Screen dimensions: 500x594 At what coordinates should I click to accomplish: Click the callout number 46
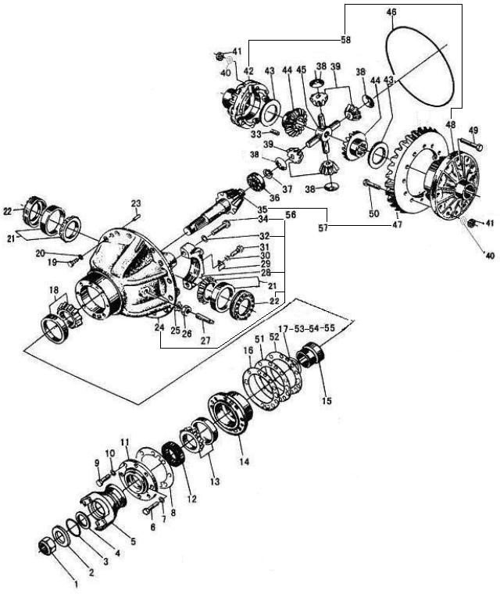[391, 13]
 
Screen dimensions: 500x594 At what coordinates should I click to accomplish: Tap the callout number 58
[345, 39]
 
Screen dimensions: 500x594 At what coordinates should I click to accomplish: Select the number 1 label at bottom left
[76, 585]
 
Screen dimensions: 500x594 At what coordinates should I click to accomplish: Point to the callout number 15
[327, 400]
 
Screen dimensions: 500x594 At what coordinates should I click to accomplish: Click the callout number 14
[245, 461]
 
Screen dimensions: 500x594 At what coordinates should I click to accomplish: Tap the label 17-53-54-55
[307, 328]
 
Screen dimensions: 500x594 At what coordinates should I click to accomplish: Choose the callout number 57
[323, 228]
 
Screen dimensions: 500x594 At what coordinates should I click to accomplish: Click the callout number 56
[291, 215]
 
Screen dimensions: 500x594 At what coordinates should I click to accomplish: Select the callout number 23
[136, 202]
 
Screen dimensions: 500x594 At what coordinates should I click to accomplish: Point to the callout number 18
[54, 290]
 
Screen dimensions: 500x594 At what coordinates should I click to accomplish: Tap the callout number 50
[374, 213]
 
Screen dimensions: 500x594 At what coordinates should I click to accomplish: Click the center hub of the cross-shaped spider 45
[325, 132]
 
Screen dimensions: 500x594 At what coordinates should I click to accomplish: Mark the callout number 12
[192, 499]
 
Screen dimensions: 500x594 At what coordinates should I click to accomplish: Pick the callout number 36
[275, 198]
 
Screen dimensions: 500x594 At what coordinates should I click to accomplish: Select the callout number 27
[205, 340]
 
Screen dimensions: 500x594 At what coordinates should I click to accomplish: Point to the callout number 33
[256, 134]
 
